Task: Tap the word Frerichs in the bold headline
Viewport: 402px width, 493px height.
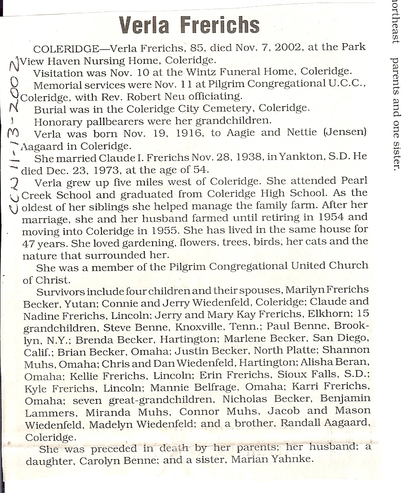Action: point(220,26)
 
